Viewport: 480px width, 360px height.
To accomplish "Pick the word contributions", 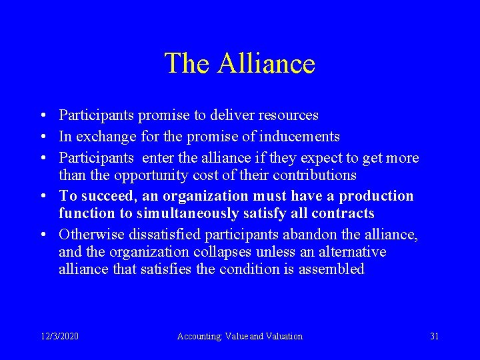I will pos(313,175).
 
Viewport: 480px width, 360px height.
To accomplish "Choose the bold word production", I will pos(376,196).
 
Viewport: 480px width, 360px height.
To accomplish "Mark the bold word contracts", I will pos(344,213).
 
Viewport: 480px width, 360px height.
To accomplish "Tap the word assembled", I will pos(332,269).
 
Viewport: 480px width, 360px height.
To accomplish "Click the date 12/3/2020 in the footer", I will pos(59,336).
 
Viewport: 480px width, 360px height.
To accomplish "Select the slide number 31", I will pos(434,336).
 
